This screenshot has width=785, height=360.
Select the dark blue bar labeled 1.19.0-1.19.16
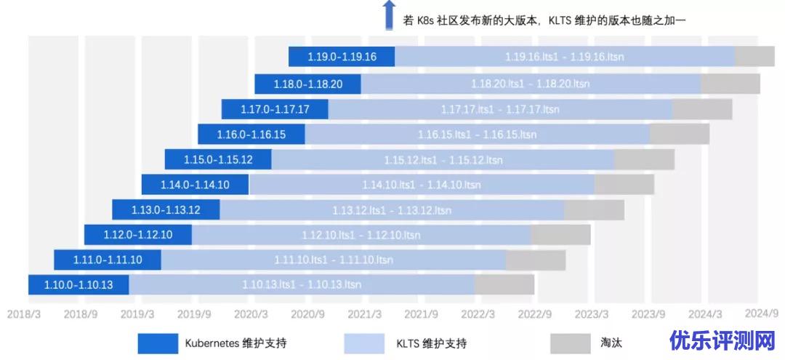[342, 56]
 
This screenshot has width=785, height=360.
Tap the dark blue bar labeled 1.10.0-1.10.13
[78, 284]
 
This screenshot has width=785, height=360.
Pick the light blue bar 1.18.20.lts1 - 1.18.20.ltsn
[531, 84]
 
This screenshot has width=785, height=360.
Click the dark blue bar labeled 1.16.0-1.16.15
[251, 134]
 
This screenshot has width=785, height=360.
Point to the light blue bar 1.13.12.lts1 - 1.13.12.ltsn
[392, 210]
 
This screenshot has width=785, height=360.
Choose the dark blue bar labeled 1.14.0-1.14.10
[195, 185]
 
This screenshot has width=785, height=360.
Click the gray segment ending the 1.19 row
[754, 56]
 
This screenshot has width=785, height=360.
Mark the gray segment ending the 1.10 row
[504, 284]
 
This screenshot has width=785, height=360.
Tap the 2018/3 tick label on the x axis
[23, 313]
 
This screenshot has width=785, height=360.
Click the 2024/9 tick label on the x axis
[762, 313]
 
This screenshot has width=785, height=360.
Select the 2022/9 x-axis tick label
[535, 313]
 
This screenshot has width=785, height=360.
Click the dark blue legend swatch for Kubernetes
[158, 343]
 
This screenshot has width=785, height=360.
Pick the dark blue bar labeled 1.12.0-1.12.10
[138, 235]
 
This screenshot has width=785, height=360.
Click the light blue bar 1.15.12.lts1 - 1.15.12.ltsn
[443, 159]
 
